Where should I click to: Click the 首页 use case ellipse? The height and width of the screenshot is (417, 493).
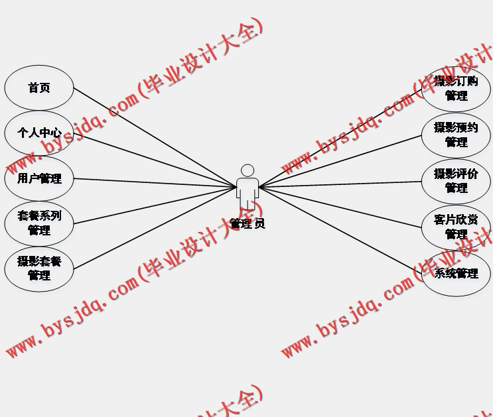[39, 88]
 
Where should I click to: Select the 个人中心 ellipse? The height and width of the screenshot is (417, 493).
[39, 133]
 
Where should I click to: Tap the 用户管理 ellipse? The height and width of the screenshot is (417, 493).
[39, 178]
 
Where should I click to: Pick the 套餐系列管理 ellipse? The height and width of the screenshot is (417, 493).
[39, 223]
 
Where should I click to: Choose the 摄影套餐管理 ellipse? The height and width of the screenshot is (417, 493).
[39, 268]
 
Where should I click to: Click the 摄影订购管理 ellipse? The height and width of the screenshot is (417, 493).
[456, 89]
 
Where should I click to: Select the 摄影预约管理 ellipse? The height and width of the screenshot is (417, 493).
[456, 135]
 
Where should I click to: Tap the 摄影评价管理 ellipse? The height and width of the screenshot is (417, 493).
[456, 181]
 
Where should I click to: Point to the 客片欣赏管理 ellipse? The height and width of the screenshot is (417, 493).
[456, 227]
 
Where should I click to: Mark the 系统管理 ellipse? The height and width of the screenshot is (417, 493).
[456, 273]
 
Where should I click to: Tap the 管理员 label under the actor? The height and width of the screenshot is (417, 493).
[247, 223]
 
